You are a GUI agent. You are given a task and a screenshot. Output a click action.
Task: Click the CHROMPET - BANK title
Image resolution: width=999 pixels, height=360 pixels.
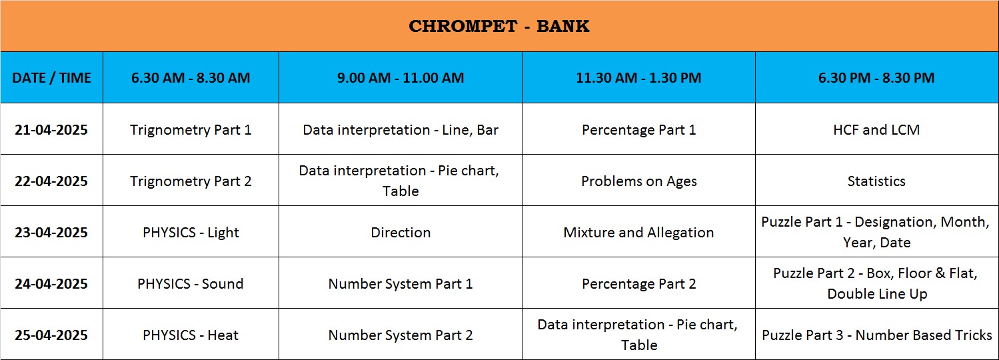click(x=499, y=26)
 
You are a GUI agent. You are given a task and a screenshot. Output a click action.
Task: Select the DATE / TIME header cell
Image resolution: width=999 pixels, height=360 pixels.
click(x=51, y=77)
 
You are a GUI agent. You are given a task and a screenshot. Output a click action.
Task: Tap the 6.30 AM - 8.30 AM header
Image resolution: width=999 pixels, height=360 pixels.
click(x=191, y=77)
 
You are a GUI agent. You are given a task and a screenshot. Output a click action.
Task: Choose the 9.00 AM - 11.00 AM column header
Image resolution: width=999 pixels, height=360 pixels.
click(x=401, y=77)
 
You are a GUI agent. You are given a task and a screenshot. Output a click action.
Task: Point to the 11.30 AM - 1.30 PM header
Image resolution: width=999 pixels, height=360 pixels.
click(x=638, y=77)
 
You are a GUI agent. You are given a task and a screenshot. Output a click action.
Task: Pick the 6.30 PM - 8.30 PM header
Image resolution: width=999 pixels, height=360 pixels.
click(x=876, y=77)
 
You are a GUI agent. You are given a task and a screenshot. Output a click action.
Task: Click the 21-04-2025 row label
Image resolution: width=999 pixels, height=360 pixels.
click(x=51, y=130)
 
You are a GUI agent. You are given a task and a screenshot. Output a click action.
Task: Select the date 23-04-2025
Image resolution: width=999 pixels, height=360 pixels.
click(x=51, y=233)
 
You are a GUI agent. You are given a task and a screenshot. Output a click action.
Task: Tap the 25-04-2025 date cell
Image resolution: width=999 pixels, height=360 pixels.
click(x=51, y=335)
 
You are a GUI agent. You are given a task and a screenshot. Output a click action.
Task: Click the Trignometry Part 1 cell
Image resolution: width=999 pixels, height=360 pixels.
click(x=191, y=130)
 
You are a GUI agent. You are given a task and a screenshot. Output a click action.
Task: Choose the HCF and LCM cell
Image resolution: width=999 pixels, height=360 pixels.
click(x=876, y=130)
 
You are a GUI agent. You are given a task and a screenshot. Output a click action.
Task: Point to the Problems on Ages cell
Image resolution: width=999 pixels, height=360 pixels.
click(x=638, y=181)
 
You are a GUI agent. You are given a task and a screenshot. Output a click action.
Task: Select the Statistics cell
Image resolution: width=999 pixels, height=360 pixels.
click(x=876, y=181)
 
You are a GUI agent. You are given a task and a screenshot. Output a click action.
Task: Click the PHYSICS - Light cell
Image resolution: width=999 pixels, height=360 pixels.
click(x=191, y=233)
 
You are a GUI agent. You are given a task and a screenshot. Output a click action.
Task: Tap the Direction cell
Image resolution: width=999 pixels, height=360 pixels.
click(x=401, y=233)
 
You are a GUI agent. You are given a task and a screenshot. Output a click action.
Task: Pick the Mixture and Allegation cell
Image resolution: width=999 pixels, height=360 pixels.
click(x=638, y=233)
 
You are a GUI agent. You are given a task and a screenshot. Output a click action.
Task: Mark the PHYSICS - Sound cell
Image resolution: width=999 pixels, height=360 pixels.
click(x=191, y=284)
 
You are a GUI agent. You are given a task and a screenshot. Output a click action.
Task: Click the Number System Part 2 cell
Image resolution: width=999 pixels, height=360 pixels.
click(x=401, y=335)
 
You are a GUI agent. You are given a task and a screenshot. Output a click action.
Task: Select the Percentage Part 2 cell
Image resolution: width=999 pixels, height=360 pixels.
click(x=638, y=284)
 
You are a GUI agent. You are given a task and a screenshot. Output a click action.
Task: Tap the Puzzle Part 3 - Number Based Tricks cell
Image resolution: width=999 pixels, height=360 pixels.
click(x=876, y=335)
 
